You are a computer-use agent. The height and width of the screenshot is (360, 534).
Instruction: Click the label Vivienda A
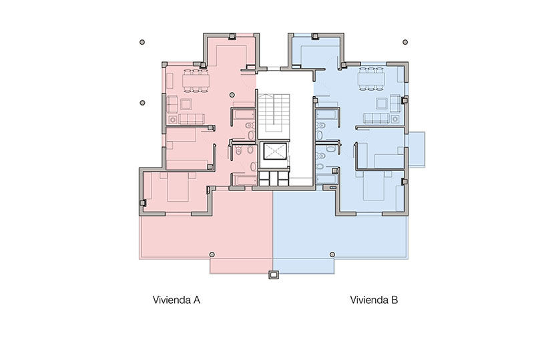(176, 300)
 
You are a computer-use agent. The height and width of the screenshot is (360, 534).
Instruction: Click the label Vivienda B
(374, 300)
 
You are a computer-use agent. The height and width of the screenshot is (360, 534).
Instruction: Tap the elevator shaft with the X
(276, 152)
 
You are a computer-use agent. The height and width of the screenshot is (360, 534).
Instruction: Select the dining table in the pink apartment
(196, 81)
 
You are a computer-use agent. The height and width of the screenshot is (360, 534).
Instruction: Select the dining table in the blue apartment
(371, 79)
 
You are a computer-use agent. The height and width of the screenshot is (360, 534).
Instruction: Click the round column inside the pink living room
(232, 95)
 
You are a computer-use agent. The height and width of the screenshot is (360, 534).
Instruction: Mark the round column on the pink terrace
(212, 254)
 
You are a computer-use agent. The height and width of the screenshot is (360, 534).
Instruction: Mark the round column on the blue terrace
(332, 254)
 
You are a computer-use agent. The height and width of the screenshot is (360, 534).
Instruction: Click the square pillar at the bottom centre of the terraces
(274, 275)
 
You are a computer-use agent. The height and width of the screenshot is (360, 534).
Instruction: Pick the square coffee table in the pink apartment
(186, 104)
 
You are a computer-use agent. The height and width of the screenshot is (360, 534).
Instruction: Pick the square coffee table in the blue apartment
(381, 104)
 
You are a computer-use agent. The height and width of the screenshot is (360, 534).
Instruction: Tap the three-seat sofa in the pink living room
(192, 119)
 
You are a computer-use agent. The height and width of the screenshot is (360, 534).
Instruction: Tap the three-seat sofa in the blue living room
(376, 118)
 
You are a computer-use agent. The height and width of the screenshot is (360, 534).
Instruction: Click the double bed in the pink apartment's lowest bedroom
(178, 187)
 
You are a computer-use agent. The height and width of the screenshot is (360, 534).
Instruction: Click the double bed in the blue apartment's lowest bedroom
(374, 186)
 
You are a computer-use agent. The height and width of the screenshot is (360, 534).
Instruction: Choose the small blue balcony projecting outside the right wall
(417, 150)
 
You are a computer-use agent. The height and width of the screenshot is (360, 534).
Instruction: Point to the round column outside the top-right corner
(405, 42)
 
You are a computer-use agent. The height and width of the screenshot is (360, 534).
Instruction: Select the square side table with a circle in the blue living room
(394, 119)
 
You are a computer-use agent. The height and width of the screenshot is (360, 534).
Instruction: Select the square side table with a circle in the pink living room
(173, 120)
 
